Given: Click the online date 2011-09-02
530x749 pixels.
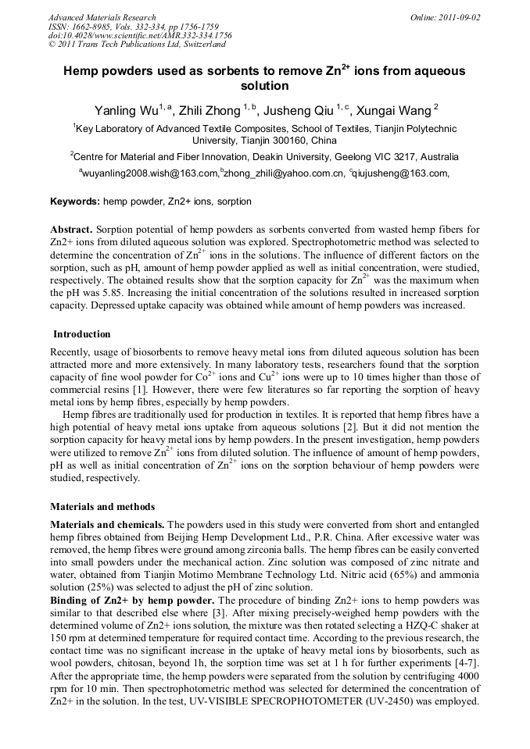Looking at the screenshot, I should click(459, 17).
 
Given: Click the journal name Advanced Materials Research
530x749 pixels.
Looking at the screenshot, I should click(102, 17).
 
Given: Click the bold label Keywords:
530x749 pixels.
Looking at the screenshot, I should click(75, 202).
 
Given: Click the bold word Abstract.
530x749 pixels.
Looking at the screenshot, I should click(71, 230).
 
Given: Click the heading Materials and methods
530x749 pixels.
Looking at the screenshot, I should click(102, 507).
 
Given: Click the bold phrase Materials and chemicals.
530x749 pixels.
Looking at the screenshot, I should click(107, 525).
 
